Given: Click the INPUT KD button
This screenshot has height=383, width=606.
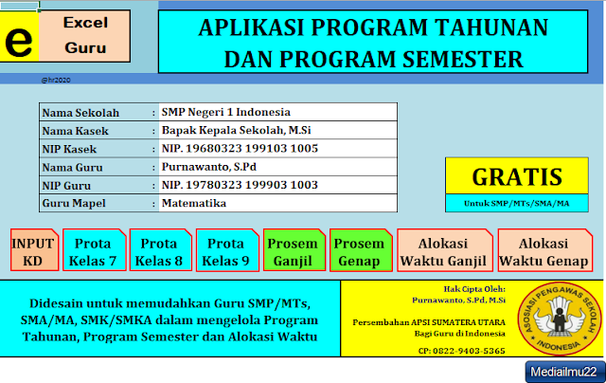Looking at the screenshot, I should (x=33, y=250).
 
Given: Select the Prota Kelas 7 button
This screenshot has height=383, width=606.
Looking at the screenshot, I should (x=94, y=250).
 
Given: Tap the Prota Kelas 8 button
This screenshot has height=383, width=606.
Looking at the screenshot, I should (x=158, y=250).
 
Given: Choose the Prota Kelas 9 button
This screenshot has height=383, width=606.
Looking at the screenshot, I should (x=225, y=250).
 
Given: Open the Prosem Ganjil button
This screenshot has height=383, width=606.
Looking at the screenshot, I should (x=293, y=250).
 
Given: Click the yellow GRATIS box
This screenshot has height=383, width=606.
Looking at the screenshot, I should (x=517, y=176).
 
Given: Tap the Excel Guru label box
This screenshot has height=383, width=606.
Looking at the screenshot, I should (x=86, y=34).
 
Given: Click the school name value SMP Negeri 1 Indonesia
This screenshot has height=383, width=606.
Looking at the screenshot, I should (x=225, y=112).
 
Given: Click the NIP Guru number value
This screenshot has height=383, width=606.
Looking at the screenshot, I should (x=240, y=185).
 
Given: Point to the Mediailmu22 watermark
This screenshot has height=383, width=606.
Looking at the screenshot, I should (x=563, y=372).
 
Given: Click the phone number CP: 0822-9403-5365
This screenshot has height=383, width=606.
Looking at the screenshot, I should (x=462, y=350).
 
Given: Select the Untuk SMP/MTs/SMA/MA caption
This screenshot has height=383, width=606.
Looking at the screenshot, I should (x=517, y=203).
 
